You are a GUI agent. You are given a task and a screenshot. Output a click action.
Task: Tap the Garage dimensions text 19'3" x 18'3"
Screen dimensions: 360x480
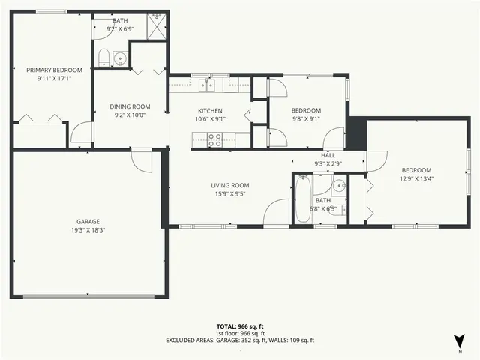(88, 230)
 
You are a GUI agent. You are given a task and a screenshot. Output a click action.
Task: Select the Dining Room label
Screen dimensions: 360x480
(130, 106)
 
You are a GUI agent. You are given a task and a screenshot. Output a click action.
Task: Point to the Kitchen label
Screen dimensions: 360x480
(209, 110)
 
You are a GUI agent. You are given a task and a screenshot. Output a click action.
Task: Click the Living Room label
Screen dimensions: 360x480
(229, 185)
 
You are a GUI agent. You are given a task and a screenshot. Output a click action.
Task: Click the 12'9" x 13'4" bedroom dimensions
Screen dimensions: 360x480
(415, 178)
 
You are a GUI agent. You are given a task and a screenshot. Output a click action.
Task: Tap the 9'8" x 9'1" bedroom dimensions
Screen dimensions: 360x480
(306, 118)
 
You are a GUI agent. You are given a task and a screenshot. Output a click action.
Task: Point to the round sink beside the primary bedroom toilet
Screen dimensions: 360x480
(120, 58)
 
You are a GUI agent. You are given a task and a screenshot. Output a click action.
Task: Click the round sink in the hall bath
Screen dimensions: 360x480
(339, 185)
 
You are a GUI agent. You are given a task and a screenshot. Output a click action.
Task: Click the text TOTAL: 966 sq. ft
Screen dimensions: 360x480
(240, 326)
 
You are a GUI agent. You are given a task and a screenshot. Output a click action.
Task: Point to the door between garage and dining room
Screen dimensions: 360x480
(141, 158)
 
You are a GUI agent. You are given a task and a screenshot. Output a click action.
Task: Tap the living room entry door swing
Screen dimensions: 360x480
(276, 213)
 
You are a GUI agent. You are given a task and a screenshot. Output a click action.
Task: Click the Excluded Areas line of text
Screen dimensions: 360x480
(240, 340)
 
